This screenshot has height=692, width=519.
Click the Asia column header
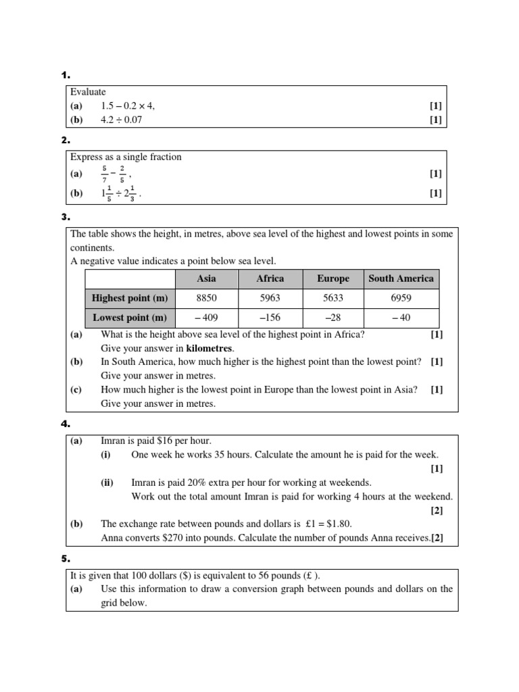pos(206,278)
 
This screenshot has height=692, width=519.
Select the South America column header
pos(401,278)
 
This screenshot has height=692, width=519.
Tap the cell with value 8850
pos(206,298)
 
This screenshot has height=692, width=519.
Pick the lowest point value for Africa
pos(270,318)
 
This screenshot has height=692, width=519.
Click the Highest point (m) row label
pos(130,298)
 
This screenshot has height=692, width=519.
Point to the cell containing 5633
pos(333,298)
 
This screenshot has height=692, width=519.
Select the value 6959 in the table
pos(401,298)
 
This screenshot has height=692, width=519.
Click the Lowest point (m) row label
pos(130,318)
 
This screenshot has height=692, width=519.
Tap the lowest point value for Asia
pos(206,318)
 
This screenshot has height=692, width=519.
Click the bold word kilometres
pos(209,348)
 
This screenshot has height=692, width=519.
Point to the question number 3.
pos(65,218)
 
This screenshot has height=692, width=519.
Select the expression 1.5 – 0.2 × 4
pos(132,106)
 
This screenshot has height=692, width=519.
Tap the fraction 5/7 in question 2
pos(104,174)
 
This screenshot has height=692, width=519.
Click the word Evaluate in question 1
pos(88,92)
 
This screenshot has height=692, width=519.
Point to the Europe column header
pos(333,278)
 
